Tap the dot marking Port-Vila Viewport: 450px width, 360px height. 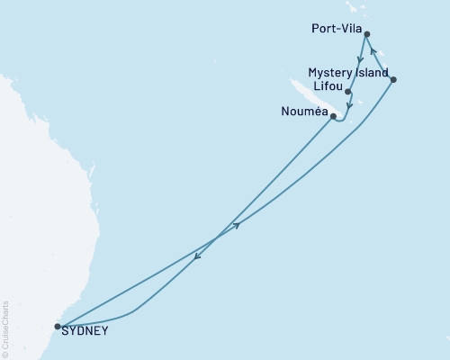pyautogui.click(x=366, y=34)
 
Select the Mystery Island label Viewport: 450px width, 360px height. pyautogui.click(x=347, y=72)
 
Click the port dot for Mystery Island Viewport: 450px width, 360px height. pyautogui.click(x=393, y=79)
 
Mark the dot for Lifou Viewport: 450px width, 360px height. pyautogui.click(x=347, y=92)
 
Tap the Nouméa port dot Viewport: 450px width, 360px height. pyautogui.click(x=333, y=116)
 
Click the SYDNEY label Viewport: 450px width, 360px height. pyautogui.click(x=86, y=330)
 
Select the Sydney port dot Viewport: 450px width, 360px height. pyautogui.click(x=58, y=327)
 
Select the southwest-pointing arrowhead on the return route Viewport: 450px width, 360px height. pyautogui.click(x=197, y=260)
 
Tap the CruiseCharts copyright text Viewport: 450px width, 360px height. pyautogui.click(x=6, y=328)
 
